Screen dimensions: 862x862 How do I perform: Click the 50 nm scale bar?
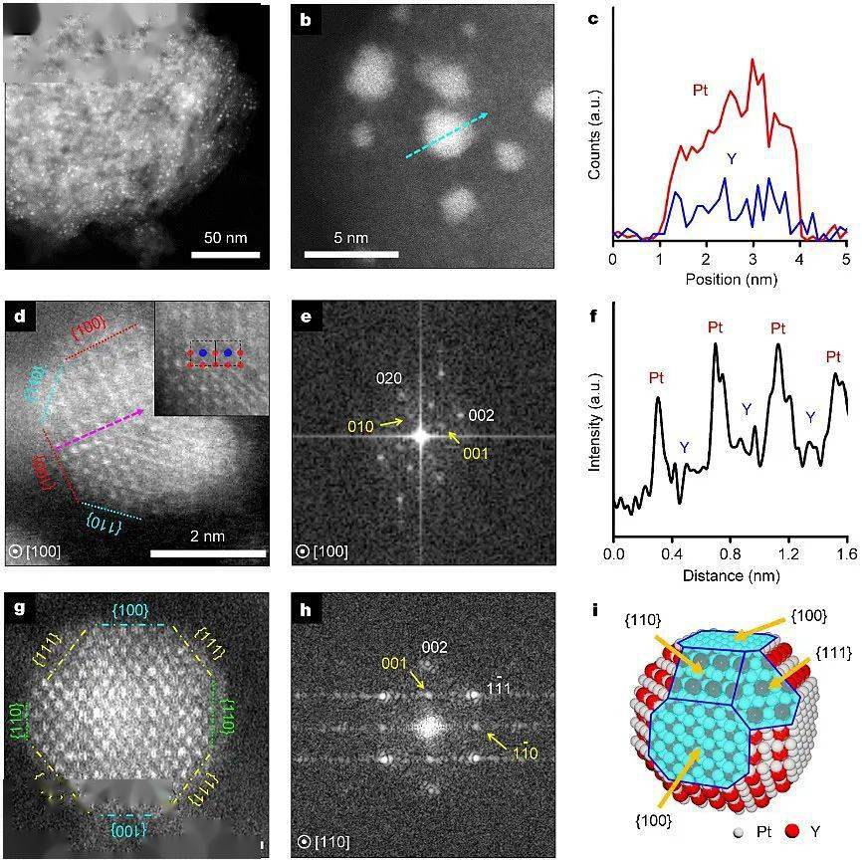225,253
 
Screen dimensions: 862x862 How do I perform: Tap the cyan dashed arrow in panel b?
447,135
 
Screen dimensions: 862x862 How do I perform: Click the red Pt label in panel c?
701,91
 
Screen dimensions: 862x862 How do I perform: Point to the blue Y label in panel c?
732,158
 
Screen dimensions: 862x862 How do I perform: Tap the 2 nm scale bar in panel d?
208,552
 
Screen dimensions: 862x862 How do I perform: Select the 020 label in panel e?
390,379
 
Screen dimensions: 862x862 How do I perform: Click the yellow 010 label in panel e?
362,425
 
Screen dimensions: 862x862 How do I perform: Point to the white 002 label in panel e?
482,415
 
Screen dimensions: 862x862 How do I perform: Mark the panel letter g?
19,608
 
